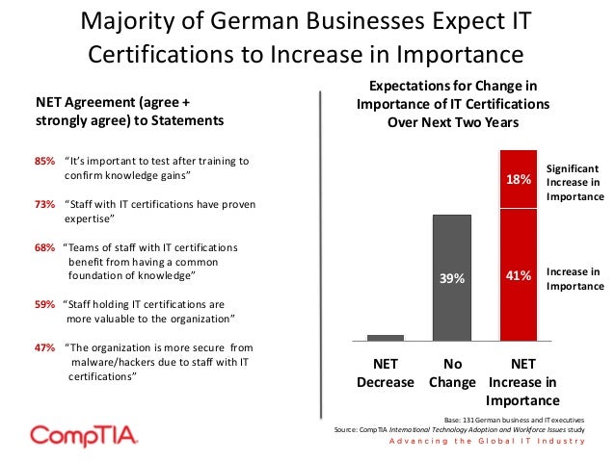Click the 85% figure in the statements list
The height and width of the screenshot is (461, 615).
tap(44, 161)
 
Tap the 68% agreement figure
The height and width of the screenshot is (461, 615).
tap(44, 247)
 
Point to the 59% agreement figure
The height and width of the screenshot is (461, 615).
tap(44, 303)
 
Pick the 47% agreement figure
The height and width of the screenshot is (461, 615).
tap(44, 347)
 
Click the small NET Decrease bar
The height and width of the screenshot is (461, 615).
tap(386, 337)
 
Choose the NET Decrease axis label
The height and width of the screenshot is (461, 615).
tap(386, 373)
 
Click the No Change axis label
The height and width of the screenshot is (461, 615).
tap(452, 373)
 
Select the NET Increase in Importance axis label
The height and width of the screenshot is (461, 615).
tap(522, 382)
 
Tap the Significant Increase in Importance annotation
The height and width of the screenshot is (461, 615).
tap(575, 181)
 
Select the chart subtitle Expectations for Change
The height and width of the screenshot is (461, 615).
tap(454, 105)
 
